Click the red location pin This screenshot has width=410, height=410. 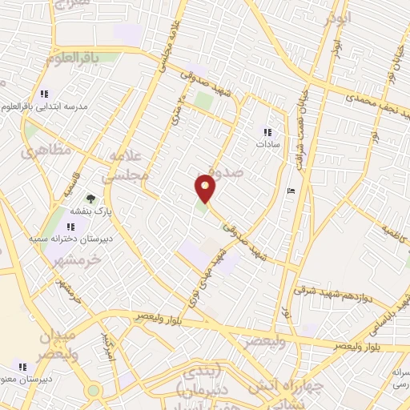click(x=206, y=188)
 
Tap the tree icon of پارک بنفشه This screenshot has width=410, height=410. click(x=90, y=199)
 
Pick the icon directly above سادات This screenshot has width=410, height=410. click(x=267, y=132)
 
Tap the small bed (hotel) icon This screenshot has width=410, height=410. click(x=290, y=191)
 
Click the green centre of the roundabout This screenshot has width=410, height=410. click(x=94, y=391)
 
